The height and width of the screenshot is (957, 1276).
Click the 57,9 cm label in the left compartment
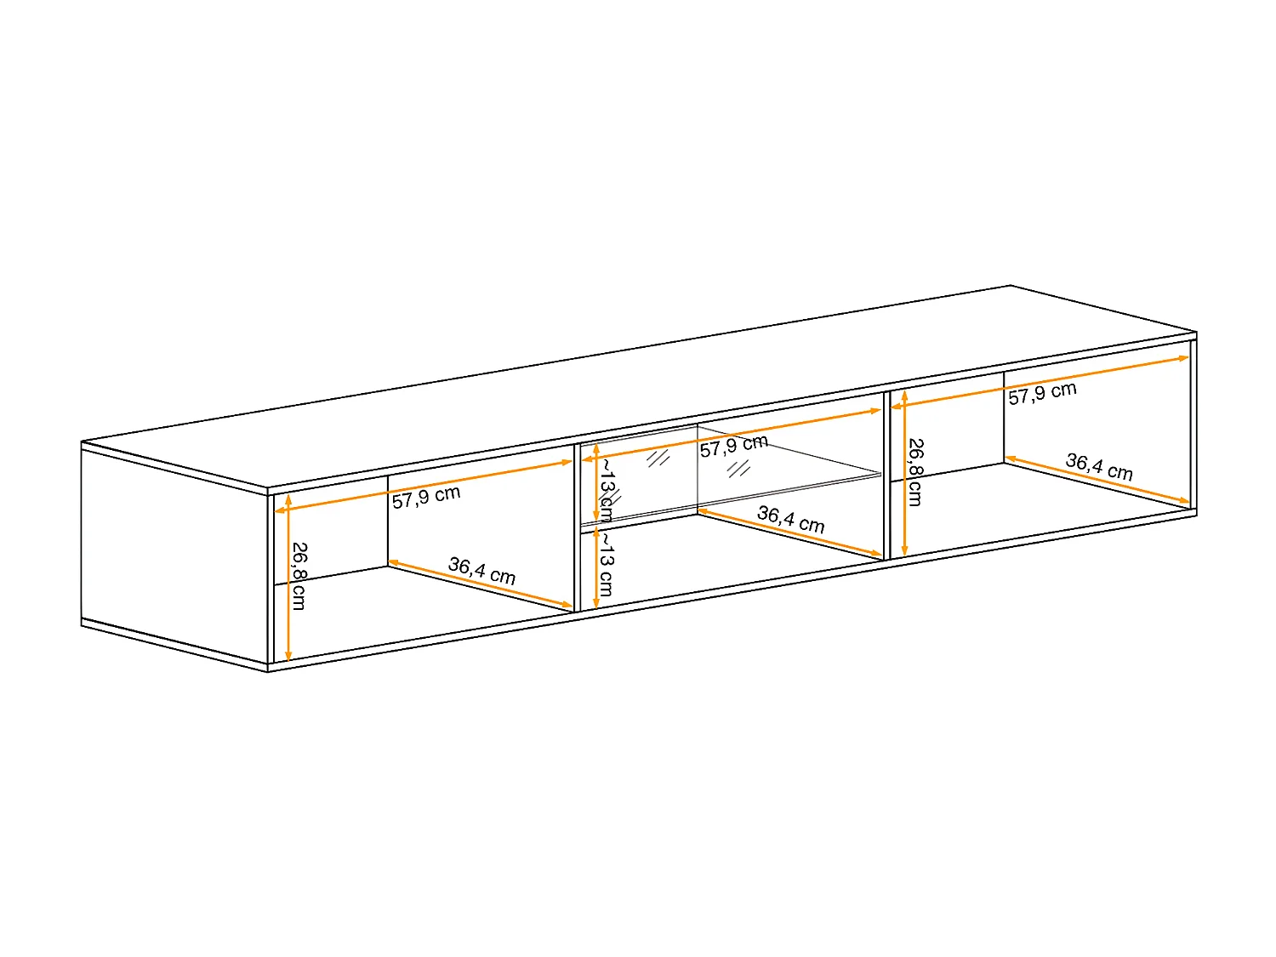coord(426,497)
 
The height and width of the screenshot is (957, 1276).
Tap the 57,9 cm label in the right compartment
coord(1042,393)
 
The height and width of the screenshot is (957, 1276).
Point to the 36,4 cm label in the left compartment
coord(481,570)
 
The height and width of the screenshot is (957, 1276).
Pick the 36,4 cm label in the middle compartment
coord(790,520)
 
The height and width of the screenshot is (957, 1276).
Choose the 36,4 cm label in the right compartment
coord(1099,467)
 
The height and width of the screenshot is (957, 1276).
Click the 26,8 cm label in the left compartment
coord(299,576)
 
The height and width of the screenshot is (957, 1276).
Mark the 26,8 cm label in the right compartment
coord(914,472)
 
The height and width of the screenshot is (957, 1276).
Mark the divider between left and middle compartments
coord(578,527)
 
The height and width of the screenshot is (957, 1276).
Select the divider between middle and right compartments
coord(887,476)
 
